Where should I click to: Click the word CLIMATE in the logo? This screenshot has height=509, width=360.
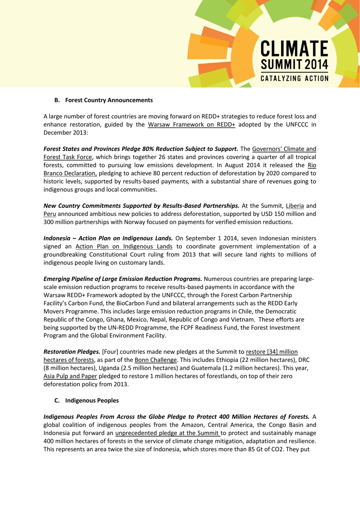click(x=294, y=49)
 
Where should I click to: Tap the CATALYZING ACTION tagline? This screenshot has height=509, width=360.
click(x=294, y=79)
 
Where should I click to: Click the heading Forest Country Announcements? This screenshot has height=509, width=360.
click(x=109, y=100)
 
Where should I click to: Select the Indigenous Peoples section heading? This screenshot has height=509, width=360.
click(x=92, y=401)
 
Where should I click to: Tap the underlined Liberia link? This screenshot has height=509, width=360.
click(x=294, y=206)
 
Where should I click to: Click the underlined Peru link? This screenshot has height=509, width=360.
click(x=50, y=214)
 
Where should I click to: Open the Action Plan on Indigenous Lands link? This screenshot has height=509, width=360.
click(x=124, y=247)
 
